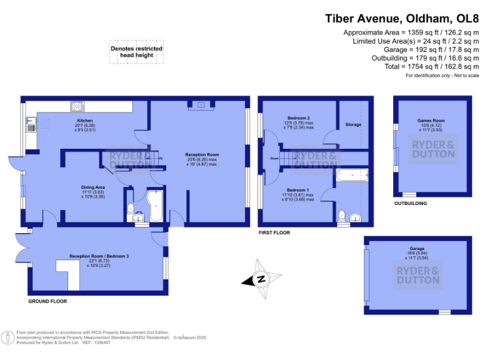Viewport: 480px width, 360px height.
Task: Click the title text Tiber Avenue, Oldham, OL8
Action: pos(402,18)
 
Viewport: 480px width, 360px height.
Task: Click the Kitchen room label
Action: pos(85,120)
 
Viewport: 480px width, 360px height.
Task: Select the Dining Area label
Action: pos(92,186)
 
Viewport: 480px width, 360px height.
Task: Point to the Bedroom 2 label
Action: pos(299,118)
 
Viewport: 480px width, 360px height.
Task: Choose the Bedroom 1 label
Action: pos(298,190)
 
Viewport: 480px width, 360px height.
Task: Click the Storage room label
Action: pos(353,125)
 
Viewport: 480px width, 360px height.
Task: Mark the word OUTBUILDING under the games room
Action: pos(411,204)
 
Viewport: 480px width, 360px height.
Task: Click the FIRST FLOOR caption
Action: pos(274,232)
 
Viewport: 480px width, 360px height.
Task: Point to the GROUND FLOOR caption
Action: pos(47,301)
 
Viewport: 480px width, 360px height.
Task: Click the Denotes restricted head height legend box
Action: pos(136,52)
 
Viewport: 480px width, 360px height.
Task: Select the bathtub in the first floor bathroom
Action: pos(353,176)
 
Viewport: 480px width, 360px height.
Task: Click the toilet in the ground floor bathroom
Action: pos(131,209)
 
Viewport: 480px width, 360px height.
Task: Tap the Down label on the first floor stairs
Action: pos(274,159)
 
